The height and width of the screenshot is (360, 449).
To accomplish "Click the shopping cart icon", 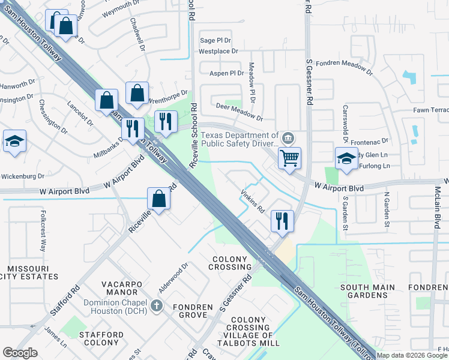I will (289, 158).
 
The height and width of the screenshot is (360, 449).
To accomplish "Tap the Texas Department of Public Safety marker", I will (289, 139).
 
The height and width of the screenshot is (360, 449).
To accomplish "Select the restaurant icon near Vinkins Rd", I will (281, 220).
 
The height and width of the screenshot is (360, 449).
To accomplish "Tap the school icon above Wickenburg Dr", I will (14, 142).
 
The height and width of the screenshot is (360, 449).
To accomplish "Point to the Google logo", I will (20, 352).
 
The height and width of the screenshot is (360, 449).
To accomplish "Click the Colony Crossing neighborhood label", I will (229, 263).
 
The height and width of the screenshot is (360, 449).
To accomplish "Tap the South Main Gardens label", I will (368, 292).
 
